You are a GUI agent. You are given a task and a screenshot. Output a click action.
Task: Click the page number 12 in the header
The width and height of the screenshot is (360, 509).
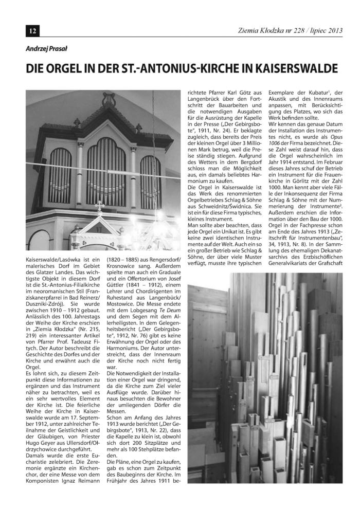point(32,31)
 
